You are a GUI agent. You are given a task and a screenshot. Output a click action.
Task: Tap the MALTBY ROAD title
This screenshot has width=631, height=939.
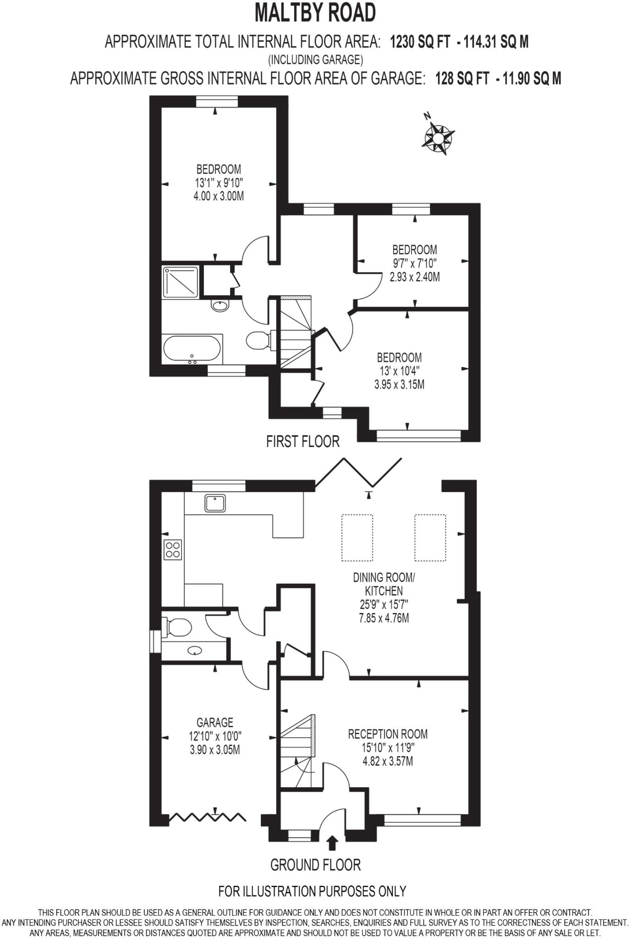point(315,13)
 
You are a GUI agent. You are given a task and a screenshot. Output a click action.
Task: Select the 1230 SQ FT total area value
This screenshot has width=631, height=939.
point(420,42)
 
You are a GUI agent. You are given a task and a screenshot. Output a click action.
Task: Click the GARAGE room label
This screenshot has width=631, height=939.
point(215,723)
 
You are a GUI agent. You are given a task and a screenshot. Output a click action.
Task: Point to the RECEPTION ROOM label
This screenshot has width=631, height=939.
point(388,734)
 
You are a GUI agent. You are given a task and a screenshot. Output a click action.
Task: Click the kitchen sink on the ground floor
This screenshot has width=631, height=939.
point(215,503)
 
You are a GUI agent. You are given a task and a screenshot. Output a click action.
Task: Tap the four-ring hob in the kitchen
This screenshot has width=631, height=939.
point(173,549)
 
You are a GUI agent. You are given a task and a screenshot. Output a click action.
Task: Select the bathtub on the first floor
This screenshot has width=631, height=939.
point(192,349)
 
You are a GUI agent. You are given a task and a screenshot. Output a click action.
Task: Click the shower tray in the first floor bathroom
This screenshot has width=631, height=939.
point(180,282)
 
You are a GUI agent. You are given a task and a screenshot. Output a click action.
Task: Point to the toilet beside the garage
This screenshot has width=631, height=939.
point(178,627)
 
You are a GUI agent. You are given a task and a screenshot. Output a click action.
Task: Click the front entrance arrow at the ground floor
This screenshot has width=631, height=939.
point(333,842)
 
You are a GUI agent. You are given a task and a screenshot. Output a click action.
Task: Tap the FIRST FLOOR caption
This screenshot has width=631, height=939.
point(302,442)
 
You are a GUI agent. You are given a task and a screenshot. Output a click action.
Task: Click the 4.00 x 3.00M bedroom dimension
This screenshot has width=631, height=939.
point(219,196)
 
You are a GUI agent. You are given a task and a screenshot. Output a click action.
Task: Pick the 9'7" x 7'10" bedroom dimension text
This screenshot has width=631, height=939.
point(414,263)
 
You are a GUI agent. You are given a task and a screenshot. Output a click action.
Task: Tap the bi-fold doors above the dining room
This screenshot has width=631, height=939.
point(359,472)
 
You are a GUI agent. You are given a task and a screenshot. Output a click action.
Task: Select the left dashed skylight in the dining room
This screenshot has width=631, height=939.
point(357,537)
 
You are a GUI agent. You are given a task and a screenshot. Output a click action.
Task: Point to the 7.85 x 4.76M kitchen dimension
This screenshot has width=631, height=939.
point(384,618)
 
